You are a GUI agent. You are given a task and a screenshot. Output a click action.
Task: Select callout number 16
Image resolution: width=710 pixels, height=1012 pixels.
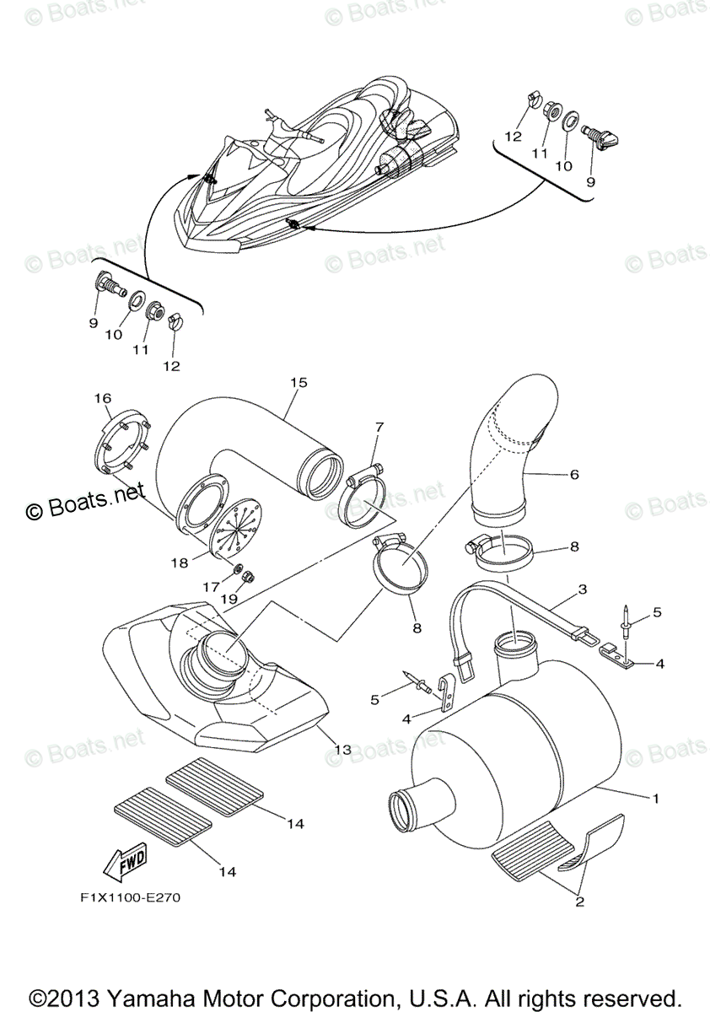102,397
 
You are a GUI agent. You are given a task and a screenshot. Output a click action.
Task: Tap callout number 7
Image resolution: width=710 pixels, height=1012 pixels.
379,428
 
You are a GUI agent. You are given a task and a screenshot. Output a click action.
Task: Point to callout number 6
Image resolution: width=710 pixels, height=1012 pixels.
574,475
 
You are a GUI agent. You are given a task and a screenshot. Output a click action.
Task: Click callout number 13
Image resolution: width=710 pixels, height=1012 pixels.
342,749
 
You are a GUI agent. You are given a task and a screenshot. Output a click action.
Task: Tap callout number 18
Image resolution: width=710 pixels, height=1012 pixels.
180,562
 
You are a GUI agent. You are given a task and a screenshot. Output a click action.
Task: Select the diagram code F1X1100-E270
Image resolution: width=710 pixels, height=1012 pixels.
126,897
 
